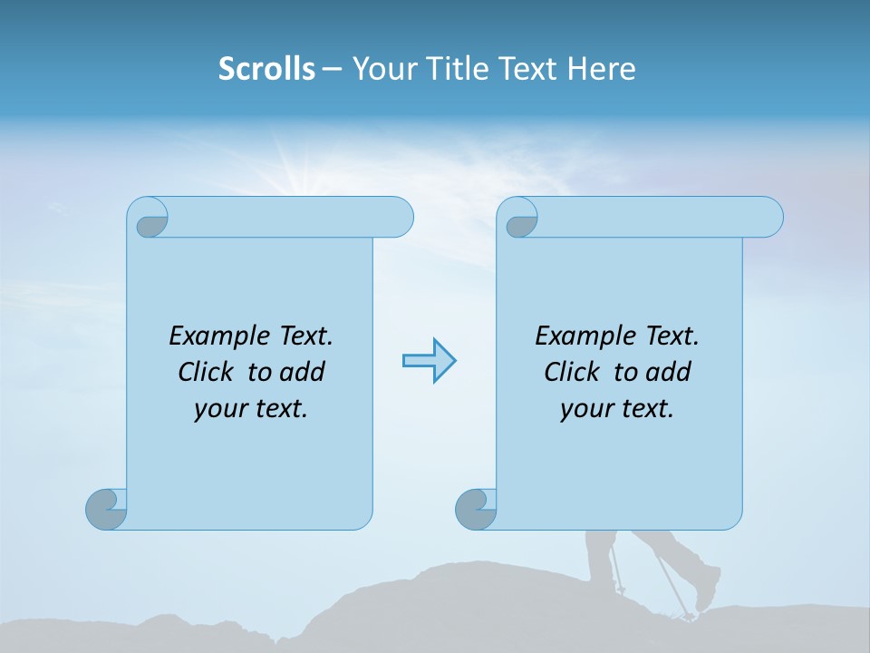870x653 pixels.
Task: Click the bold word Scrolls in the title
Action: [266, 69]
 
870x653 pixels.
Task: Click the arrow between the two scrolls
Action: [429, 361]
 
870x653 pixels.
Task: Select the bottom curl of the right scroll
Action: [476, 509]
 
